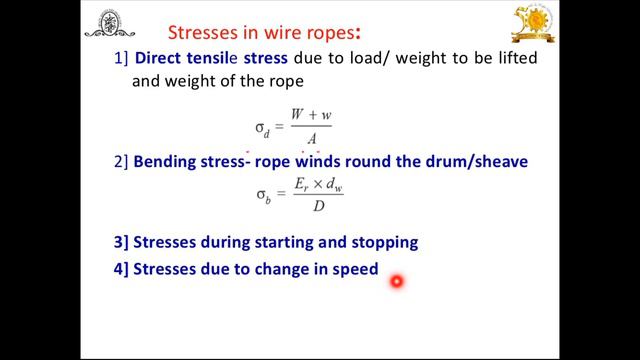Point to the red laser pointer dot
396,282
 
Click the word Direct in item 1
164,59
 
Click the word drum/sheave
473,162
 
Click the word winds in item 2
333,162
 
